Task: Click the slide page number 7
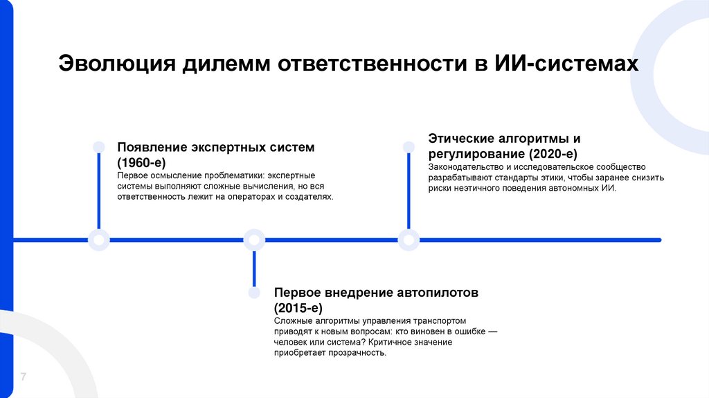point(23,377)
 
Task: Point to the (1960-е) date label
point(141,162)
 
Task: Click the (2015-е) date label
point(298,307)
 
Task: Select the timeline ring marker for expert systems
point(99,240)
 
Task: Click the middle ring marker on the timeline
point(254,240)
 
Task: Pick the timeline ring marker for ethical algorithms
point(409,240)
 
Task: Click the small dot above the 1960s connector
point(99,146)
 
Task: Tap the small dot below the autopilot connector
point(254,293)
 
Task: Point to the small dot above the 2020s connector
point(409,146)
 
